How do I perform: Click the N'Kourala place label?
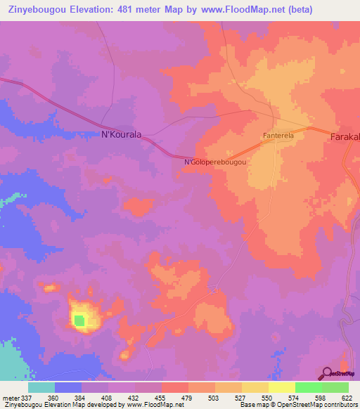point(117,135)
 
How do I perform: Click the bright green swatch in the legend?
point(308,387)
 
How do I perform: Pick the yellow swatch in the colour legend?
point(281,387)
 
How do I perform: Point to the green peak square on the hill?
point(79,321)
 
